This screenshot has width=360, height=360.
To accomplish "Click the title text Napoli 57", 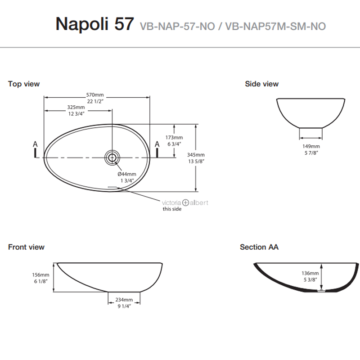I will coord(94,24).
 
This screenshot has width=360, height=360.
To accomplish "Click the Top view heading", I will coord(24,84).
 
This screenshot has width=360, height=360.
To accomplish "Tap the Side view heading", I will coord(261,84).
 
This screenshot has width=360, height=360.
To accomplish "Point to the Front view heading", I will coord(26,247).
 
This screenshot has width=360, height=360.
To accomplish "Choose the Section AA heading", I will coord(259,247).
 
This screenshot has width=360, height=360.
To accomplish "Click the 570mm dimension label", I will coord(95,95).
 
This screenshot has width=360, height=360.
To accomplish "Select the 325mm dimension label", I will coord(76,108).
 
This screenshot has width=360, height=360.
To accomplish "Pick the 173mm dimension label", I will coord(174,137).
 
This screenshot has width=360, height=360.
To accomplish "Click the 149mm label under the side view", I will coord(311,146).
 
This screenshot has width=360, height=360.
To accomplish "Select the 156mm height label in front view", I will coord(41,274).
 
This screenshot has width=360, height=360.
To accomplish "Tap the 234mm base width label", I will coord(124,300).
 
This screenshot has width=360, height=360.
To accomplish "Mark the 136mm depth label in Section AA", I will coord(310,273).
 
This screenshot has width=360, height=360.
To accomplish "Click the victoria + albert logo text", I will coord(185,202).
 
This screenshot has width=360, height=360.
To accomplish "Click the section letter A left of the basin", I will coord(36,144).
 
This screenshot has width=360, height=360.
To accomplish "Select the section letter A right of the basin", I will coord(157,144).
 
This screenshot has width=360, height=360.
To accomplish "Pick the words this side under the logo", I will coord(172,209).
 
